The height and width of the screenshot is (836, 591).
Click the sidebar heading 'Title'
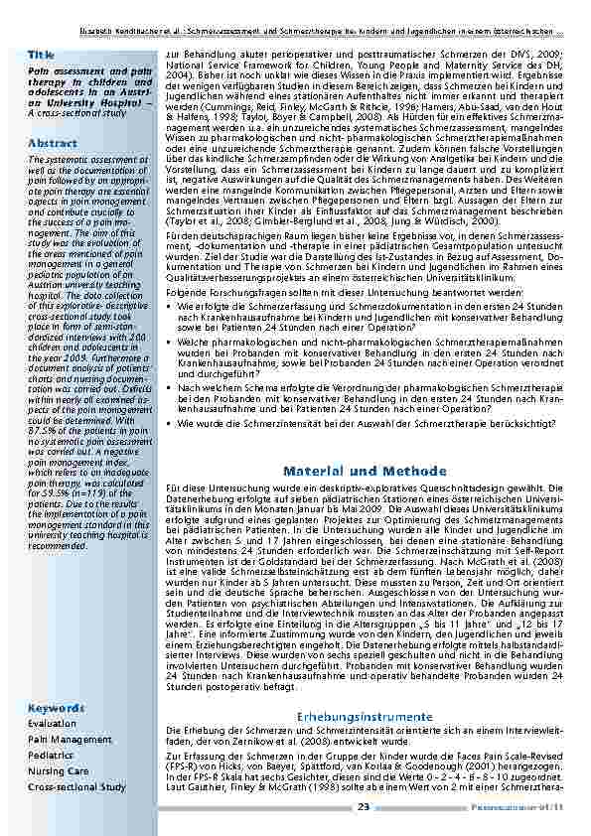coord(42,54)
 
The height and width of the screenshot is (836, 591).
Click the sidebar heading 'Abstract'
coord(53,143)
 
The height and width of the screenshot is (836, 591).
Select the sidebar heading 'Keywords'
coord(57,708)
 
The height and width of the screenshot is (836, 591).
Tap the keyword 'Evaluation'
coord(53,724)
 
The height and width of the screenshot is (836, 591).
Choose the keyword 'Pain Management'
coord(70,740)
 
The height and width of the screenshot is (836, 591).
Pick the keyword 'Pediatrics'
coord(52,756)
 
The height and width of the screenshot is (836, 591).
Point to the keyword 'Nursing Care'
coord(59,770)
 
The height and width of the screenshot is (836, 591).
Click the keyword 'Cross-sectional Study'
coord(77,786)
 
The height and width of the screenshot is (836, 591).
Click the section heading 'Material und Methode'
coord(365,471)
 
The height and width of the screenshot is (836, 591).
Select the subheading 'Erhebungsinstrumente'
coord(365,716)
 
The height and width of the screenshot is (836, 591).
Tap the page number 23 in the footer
coord(365,807)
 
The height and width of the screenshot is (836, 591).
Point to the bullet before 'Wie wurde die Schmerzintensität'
coord(170,423)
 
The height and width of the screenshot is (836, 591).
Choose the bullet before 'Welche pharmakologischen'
coord(170,342)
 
